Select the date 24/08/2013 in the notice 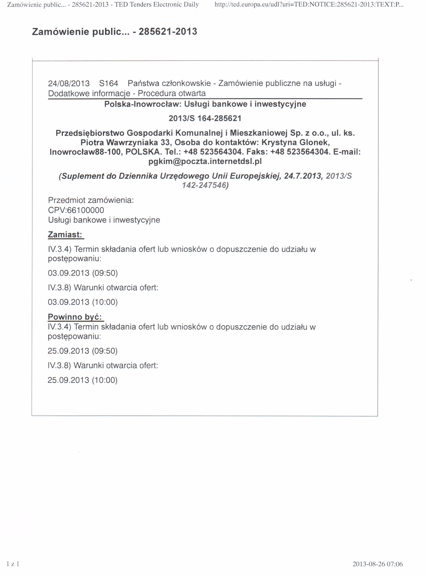[x=69, y=83]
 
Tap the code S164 [x=109, y=83]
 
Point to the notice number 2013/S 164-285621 [x=205, y=118]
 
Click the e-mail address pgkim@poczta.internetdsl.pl [x=205, y=161]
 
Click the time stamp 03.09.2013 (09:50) [x=83, y=273]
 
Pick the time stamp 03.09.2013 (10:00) [x=83, y=302]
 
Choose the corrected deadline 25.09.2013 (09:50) [x=82, y=351]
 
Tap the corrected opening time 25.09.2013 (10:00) [x=82, y=380]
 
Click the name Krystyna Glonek [x=295, y=142]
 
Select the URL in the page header [x=309, y=5]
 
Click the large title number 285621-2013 [x=168, y=32]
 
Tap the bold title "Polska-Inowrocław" [x=143, y=104]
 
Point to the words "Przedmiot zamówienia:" [x=91, y=200]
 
